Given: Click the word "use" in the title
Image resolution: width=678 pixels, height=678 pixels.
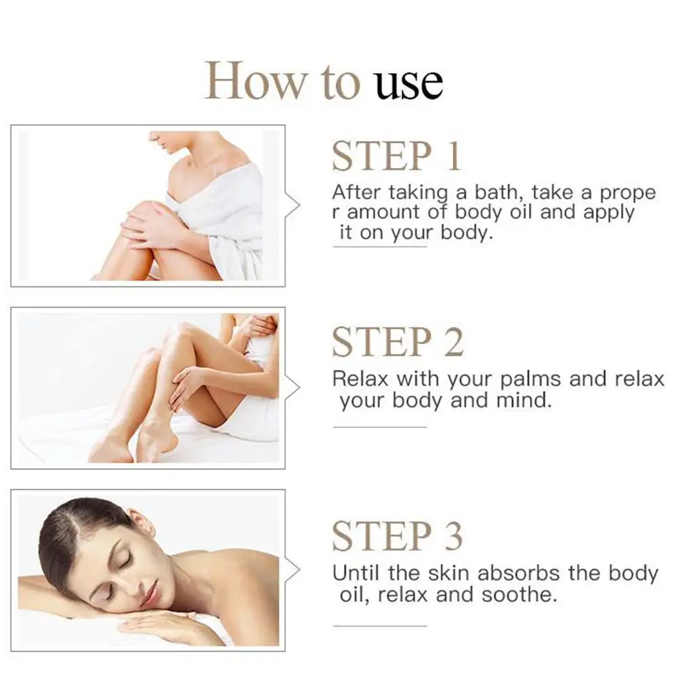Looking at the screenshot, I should (x=409, y=83).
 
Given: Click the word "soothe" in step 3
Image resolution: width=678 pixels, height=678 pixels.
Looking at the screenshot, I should (x=519, y=595).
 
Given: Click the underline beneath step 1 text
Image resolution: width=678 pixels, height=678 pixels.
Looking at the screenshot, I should (x=379, y=247).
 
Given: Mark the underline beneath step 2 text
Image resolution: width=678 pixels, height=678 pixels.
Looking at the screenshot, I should (x=379, y=427).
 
